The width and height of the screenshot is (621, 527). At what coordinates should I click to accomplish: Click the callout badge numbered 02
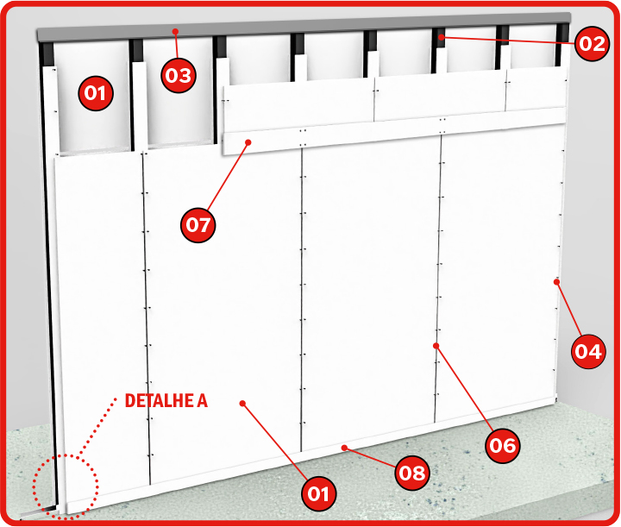coord(592,43)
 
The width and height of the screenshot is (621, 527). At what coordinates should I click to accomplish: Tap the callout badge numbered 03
coord(179,75)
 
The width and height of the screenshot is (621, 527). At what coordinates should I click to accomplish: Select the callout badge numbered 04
coord(588,351)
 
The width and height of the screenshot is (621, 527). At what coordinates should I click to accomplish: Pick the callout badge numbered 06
coord(503,445)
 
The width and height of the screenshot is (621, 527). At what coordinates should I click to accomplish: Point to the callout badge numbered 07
coord(198,225)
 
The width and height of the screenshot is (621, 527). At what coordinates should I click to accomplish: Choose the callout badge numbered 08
coord(412,473)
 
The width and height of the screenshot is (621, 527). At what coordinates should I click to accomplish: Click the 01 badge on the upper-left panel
coord(96,93)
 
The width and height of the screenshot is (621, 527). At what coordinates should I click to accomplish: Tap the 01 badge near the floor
coord(319,493)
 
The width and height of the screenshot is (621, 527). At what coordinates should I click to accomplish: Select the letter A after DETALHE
coord(203,401)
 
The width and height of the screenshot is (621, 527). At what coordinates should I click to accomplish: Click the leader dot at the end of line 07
coord(248,142)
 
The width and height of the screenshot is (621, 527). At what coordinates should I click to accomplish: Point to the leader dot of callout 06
coord(436,346)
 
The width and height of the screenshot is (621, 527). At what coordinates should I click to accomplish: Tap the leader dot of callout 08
coord(344,448)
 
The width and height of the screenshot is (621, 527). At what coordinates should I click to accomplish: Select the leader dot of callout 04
coord(557,282)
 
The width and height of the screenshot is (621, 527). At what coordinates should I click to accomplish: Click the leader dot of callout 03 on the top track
coord(175,31)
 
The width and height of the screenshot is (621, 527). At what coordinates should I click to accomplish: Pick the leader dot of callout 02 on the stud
coord(442,37)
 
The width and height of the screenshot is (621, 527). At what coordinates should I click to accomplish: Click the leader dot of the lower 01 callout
coord(242,403)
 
